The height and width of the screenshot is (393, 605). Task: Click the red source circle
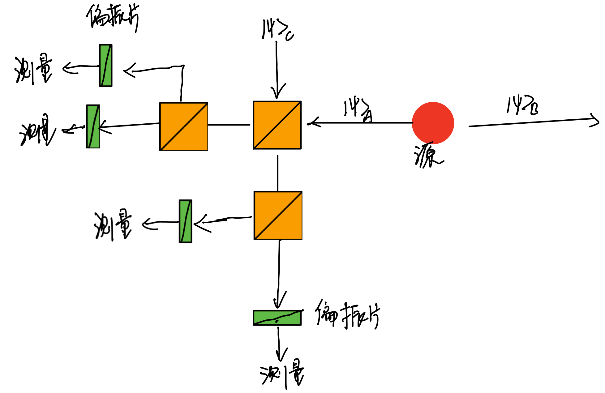[433, 123]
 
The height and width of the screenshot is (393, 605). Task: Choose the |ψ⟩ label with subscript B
[522, 105]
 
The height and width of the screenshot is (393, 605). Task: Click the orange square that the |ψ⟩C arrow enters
[277, 125]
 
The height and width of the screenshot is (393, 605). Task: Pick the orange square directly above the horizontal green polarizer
[278, 215]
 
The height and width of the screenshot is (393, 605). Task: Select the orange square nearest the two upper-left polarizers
[183, 126]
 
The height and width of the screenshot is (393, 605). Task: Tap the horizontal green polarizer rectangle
[277, 318]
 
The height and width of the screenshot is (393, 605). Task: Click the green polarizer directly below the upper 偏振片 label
[105, 65]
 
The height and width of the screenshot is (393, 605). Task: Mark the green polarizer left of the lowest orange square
[185, 221]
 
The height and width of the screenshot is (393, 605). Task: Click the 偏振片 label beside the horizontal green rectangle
[347, 315]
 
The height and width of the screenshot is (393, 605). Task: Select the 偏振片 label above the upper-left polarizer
[113, 17]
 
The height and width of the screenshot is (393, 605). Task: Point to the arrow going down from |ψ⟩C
[277, 70]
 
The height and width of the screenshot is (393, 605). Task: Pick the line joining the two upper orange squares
[229, 125]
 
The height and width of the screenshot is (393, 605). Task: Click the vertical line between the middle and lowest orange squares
[277, 173]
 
